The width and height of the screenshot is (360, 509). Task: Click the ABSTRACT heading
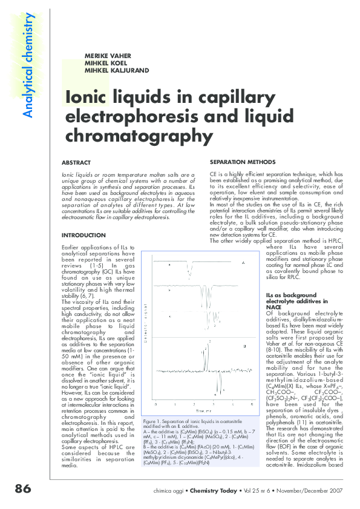pos(76,163)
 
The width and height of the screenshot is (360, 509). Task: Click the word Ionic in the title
pos(85,98)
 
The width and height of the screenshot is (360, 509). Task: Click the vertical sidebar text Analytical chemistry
pos(26,65)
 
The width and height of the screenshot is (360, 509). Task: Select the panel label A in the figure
pos(243,263)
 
